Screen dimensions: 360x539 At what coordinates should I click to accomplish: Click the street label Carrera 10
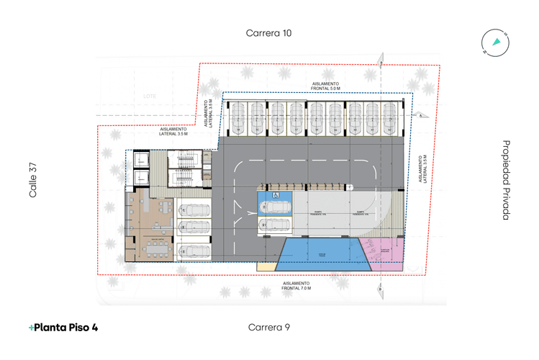[x=268, y=33]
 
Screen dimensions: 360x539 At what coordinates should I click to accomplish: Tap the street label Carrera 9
[x=268, y=327]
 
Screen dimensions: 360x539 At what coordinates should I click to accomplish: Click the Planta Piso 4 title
[x=63, y=328]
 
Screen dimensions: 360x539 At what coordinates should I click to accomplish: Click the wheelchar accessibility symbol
[x=276, y=195]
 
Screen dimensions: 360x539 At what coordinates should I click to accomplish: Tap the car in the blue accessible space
[x=276, y=207]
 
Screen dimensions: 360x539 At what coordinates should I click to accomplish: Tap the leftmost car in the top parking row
[x=237, y=116]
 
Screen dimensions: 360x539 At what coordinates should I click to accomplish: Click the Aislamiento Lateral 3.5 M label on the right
[x=424, y=169]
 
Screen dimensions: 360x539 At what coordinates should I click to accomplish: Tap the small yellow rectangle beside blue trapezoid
[x=266, y=266]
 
